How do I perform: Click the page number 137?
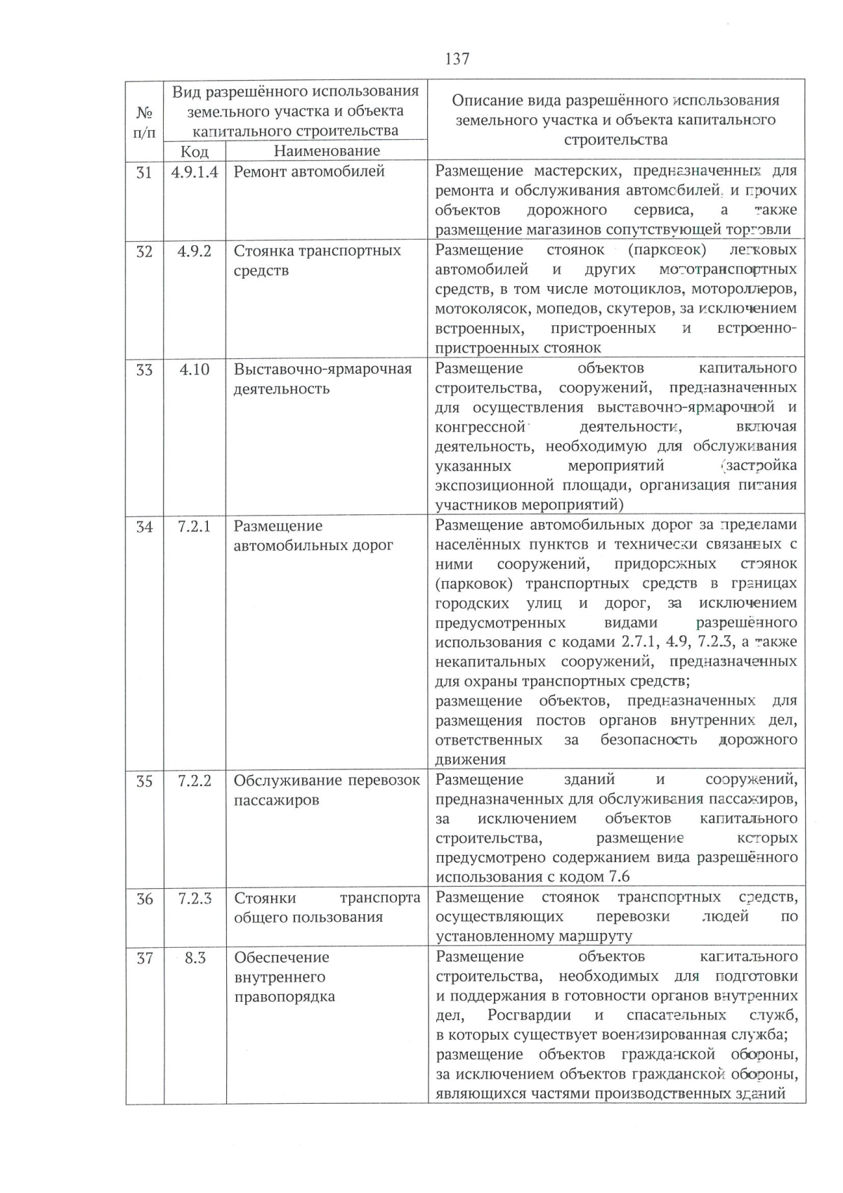pyautogui.click(x=457, y=59)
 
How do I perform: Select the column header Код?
pyautogui.click(x=194, y=151)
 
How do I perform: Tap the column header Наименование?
pyautogui.click(x=327, y=150)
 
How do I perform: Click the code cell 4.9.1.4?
pyautogui.click(x=195, y=171)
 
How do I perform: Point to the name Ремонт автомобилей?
pyautogui.click(x=309, y=171)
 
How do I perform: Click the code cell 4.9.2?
pyautogui.click(x=195, y=251)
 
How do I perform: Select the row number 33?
pyautogui.click(x=144, y=370)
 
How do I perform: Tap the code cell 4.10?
pyautogui.click(x=195, y=370)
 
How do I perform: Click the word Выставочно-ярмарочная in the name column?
pyautogui.click(x=322, y=370)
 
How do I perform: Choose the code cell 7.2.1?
pyautogui.click(x=195, y=526)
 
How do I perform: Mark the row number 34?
pyautogui.click(x=144, y=526)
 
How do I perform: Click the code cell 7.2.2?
pyautogui.click(x=195, y=781)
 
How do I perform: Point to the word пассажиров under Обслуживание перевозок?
pyautogui.click(x=276, y=800)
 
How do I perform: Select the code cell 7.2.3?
pyautogui.click(x=195, y=898)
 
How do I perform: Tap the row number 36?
pyautogui.click(x=144, y=899)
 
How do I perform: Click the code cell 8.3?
pyautogui.click(x=195, y=958)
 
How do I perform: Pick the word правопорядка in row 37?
pyautogui.click(x=284, y=997)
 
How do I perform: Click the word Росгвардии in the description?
pyautogui.click(x=529, y=1015)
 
